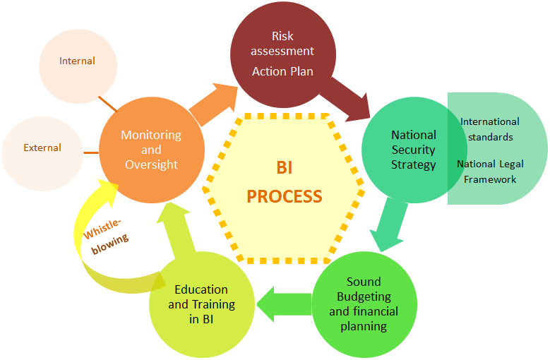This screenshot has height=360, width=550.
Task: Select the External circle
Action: tap(42, 149)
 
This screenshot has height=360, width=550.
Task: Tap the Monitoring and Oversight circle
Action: tap(151, 149)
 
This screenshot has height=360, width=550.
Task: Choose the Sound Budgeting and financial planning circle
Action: tap(363, 304)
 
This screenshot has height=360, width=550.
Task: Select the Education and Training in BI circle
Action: tap(201, 304)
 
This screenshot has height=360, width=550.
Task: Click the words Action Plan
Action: tap(282, 71)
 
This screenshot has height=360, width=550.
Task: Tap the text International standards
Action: tap(490, 129)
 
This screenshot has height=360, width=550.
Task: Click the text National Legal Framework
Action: tap(490, 172)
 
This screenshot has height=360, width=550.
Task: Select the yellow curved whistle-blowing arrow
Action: tap(85, 233)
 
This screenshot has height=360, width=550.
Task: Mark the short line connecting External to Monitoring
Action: tap(91, 152)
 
